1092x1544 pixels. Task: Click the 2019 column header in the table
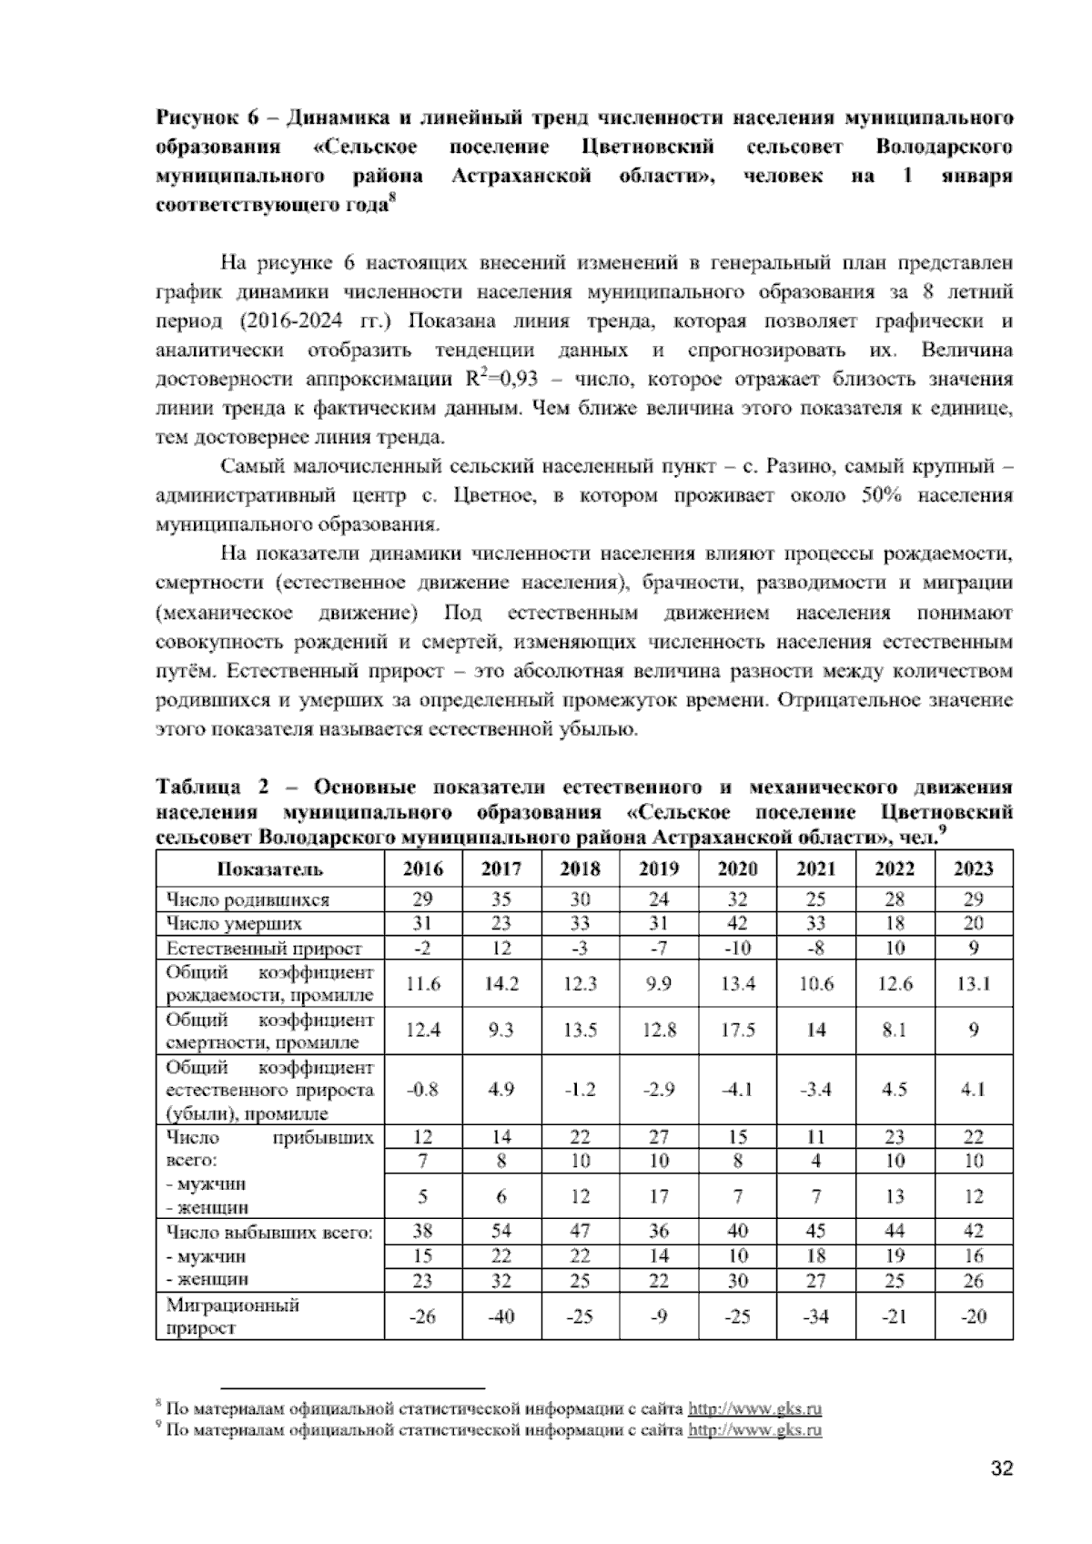[x=659, y=868]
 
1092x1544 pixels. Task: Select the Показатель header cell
[x=270, y=868]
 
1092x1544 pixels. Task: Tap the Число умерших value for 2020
[x=737, y=923]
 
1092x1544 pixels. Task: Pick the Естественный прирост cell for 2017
[x=501, y=948]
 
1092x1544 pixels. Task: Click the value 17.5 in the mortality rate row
[x=737, y=1031]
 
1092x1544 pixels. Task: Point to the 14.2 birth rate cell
[x=501, y=983]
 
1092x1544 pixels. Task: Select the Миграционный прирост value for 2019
[x=659, y=1316]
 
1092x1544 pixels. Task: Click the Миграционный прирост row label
[x=233, y=1316]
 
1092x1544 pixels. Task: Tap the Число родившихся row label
[x=248, y=899]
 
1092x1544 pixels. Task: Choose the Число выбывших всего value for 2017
[x=501, y=1231]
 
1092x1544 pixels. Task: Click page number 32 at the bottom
[x=1001, y=1468]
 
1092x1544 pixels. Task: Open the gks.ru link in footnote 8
[x=754, y=1409]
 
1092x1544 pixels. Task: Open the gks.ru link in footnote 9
[x=754, y=1430]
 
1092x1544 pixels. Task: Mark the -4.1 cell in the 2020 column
[x=737, y=1090]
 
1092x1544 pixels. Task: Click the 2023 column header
[x=973, y=868]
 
